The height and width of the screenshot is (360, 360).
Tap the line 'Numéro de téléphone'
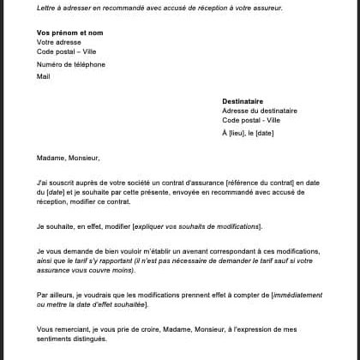pyautogui.click(x=71, y=64)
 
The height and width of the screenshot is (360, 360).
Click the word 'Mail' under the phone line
pyautogui.click(x=44, y=76)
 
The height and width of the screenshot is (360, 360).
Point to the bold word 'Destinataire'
pyautogui.click(x=243, y=101)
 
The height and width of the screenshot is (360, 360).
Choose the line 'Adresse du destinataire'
pyautogui.click(x=260, y=111)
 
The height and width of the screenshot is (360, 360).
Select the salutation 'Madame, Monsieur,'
pyautogui.click(x=69, y=158)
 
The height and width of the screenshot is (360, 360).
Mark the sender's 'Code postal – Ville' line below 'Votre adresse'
pyautogui.click(x=67, y=52)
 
